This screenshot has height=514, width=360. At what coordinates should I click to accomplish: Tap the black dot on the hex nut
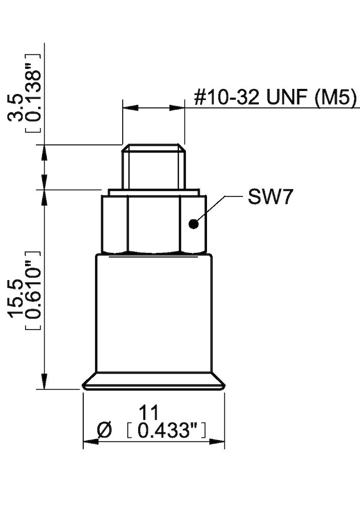click(193, 224)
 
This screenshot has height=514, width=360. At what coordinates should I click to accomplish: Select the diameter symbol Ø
click(104, 430)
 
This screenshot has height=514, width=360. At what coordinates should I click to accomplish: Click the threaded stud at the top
click(153, 167)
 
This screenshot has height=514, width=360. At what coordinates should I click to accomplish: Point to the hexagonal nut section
click(153, 224)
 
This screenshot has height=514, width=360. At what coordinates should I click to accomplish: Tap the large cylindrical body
click(153, 314)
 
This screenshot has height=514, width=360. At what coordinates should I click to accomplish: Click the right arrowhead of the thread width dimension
click(177, 108)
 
